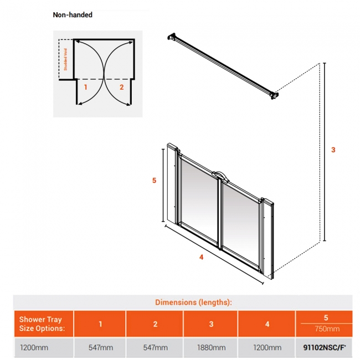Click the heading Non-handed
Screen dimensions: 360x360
73,15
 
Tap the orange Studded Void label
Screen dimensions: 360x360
65,59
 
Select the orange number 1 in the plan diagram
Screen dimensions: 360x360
86,87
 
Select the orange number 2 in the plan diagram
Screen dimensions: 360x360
122,87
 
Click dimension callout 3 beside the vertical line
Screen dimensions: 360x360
333,150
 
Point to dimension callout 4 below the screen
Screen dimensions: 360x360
202,257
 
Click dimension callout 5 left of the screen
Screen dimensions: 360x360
155,180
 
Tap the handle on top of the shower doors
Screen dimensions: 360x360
221,176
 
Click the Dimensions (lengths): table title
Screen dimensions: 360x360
193,302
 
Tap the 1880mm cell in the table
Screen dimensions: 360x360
211,347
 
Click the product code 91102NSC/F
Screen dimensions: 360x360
325,347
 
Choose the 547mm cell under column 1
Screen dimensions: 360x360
100,347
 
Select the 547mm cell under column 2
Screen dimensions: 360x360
155,347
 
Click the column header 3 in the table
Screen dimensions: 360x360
211,324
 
